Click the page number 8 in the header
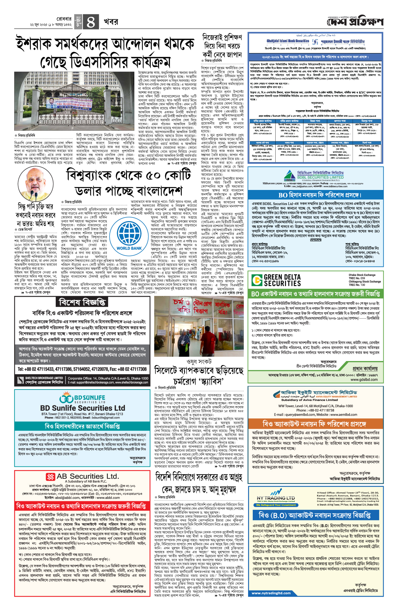(90, 22)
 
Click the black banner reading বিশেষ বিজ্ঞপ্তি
(82, 302)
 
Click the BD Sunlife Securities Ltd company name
(83, 408)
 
